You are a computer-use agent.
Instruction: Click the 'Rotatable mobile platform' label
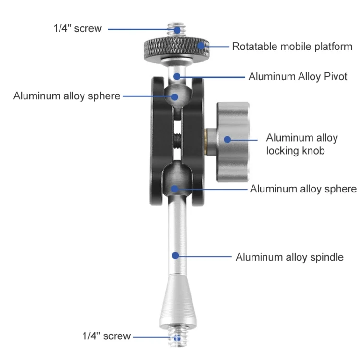292,47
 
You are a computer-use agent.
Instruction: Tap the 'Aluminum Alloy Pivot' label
298,77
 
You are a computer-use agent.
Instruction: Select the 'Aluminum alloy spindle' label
289,257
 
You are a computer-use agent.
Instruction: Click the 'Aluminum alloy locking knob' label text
302,144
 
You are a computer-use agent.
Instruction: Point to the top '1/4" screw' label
77,28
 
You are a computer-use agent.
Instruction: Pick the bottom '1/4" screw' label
106,336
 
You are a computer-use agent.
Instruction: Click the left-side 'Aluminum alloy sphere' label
67,96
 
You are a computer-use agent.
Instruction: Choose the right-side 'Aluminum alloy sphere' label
303,189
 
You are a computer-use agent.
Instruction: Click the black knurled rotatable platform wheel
177,48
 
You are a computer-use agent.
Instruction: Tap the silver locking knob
233,142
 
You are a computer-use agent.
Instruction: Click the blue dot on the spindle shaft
175,255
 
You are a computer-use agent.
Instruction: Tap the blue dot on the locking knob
228,139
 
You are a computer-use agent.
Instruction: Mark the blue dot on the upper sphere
175,96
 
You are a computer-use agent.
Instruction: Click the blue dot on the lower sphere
175,189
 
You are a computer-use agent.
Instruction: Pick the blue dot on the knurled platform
201,46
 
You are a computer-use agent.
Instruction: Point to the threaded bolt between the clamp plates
178,141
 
